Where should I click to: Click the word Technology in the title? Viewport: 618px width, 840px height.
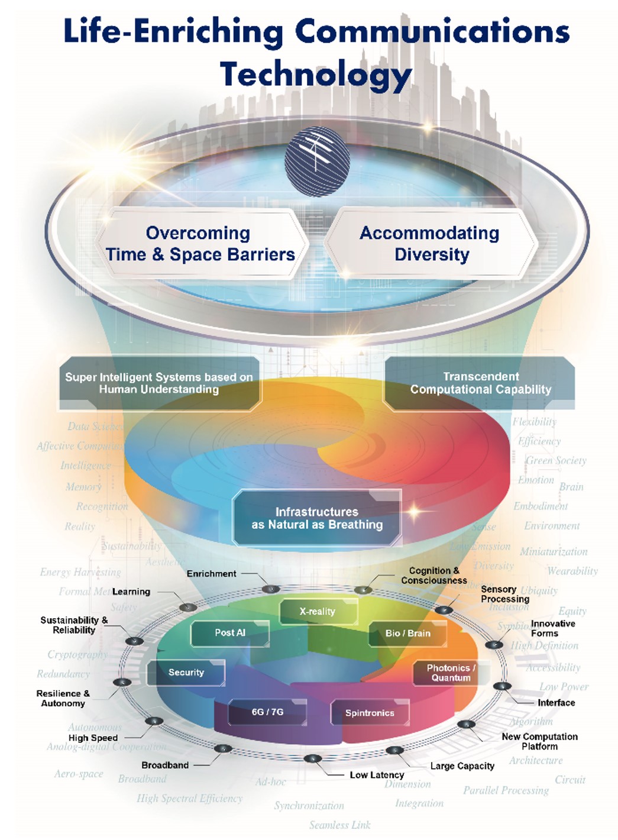pos(316,75)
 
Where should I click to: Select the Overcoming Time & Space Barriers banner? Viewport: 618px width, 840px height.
pos(200,244)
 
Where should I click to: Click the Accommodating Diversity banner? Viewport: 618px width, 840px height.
pos(430,244)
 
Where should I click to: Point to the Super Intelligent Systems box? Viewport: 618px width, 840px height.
pos(159,383)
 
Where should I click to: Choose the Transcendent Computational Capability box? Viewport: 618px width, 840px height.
pos(480,383)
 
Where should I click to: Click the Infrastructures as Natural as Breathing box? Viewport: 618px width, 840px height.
pos(317,518)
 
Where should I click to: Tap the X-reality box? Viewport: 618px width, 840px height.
pos(318,612)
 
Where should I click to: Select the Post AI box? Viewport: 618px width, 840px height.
pos(229,633)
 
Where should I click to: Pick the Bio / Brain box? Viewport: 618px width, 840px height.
pos(407,634)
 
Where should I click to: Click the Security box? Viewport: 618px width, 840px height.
pos(186,673)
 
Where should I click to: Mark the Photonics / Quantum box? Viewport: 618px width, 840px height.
pos(451,673)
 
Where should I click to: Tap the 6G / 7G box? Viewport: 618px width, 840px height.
pos(267,712)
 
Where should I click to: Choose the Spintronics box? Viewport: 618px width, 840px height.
pos(370,713)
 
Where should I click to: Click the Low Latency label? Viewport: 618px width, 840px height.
pos(377,775)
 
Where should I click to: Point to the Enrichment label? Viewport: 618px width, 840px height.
pos(211,574)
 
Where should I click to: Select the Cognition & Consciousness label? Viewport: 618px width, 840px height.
pos(434,576)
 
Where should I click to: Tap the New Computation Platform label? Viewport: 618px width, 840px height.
pos(539,741)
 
